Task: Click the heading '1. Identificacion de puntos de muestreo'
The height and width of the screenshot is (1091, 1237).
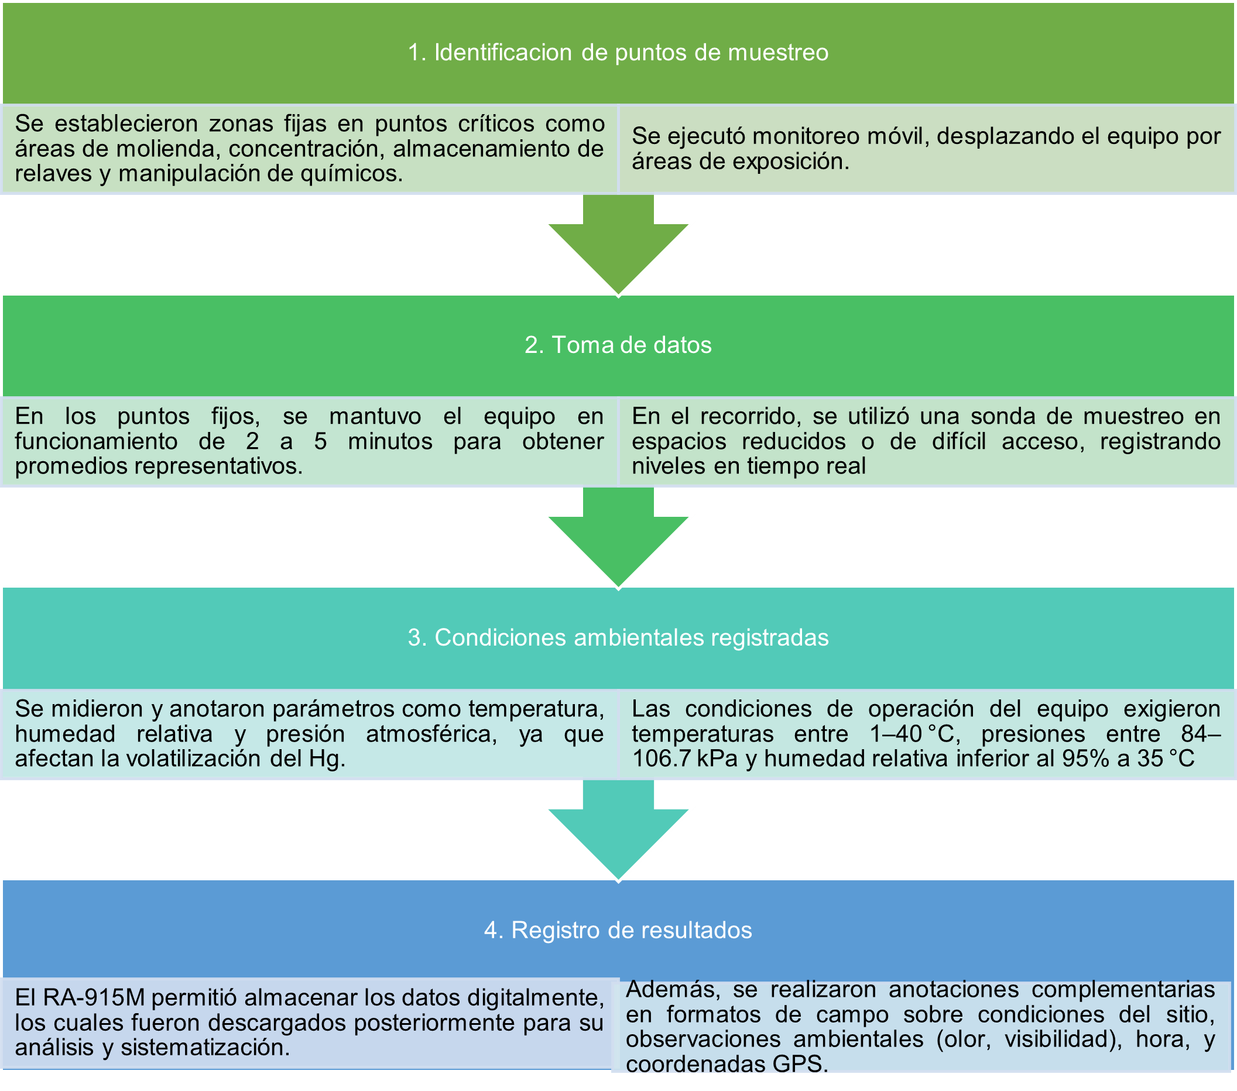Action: pyautogui.click(x=618, y=53)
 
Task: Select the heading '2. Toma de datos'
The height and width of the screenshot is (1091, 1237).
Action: pyautogui.click(x=618, y=345)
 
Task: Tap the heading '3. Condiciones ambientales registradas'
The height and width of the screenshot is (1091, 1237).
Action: pyautogui.click(x=618, y=637)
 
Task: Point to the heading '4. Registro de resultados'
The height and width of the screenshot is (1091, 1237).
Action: pyautogui.click(x=618, y=930)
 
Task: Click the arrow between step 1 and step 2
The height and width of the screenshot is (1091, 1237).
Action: pyautogui.click(x=618, y=245)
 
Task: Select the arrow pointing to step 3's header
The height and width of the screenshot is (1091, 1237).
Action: pyautogui.click(x=618, y=537)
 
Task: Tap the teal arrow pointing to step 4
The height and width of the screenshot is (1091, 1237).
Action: pyautogui.click(x=618, y=830)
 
